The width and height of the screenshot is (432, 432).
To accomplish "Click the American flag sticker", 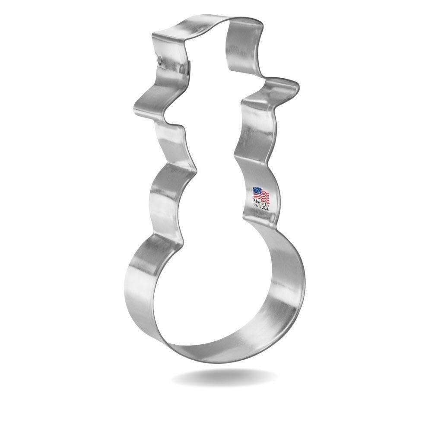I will click(x=261, y=196).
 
